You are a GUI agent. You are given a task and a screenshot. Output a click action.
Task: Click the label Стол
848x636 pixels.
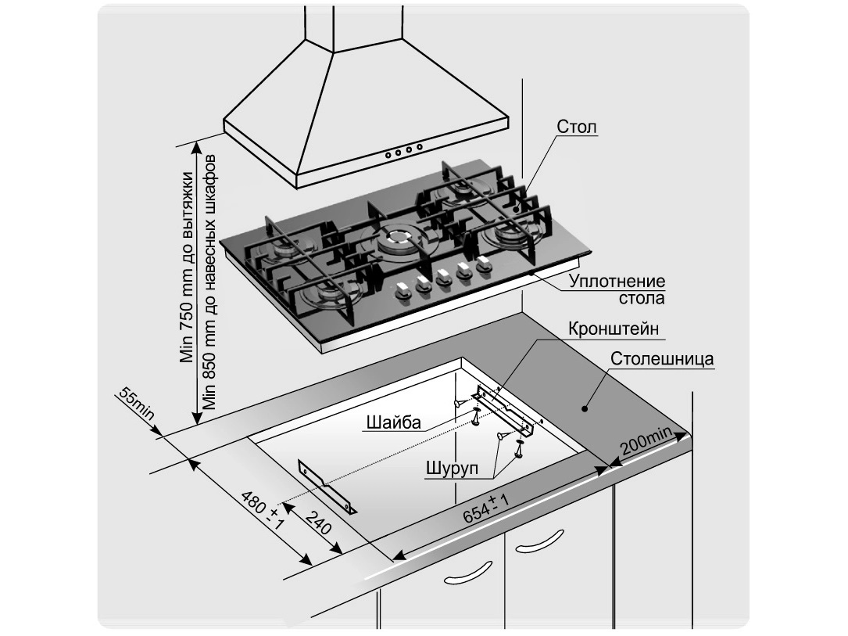(578, 127)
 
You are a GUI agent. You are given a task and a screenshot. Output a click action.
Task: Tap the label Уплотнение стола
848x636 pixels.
(617, 289)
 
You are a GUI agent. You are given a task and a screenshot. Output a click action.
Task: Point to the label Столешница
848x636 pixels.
(660, 361)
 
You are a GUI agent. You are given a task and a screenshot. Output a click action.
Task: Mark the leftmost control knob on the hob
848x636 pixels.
(403, 291)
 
